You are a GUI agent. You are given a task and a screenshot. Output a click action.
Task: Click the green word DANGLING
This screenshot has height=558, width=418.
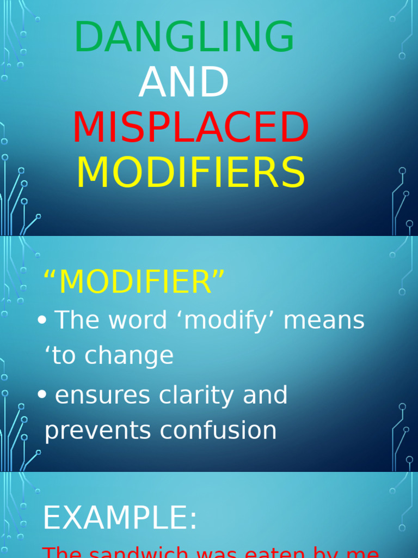(185, 37)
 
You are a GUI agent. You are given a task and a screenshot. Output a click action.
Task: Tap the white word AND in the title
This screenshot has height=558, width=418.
(184, 83)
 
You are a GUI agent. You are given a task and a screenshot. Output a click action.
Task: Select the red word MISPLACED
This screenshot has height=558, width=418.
(190, 128)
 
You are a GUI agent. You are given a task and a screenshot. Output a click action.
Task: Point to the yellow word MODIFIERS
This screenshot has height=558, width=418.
(190, 173)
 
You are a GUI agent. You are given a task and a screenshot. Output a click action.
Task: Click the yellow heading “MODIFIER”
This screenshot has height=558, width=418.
(134, 282)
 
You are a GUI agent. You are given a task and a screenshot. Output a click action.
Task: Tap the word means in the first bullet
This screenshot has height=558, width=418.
(324, 320)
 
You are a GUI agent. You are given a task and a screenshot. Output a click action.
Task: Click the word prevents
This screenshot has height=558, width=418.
(97, 430)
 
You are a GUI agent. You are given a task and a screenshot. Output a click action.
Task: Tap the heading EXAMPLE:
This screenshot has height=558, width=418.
(120, 518)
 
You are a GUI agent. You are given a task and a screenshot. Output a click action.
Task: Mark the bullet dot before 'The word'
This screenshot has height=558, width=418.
(42, 321)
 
